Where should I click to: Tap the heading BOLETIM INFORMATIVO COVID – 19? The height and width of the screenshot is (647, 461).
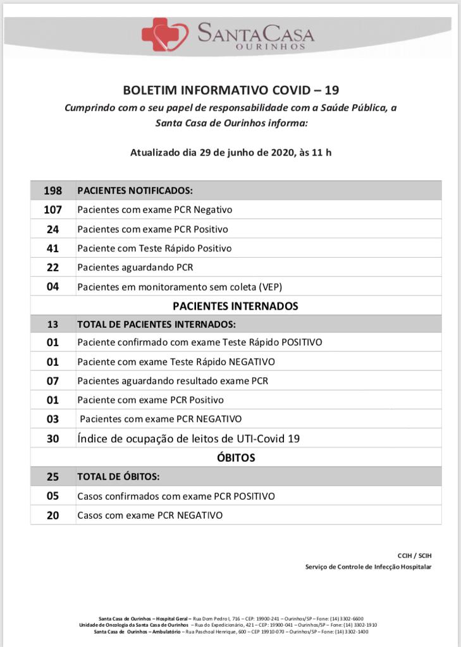point(231,90)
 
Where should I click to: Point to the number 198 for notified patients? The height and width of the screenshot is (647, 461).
point(52,190)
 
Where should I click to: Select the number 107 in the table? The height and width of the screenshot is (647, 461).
point(52,209)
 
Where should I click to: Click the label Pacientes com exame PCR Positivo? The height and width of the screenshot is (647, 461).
point(152,229)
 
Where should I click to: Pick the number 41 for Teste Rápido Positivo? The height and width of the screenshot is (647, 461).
point(52,248)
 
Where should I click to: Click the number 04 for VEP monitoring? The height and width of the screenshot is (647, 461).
point(52,286)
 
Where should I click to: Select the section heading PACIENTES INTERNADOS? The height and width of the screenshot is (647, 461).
point(235,306)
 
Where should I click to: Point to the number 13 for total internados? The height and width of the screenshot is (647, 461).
point(52,324)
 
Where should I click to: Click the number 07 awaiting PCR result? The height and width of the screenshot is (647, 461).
point(52,381)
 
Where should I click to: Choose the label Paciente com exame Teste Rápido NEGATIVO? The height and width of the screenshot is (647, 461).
point(176,362)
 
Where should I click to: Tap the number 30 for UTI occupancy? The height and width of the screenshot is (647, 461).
point(52,438)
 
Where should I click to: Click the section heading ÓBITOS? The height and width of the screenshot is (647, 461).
point(235,457)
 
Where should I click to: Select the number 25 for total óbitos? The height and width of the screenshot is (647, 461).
point(52,476)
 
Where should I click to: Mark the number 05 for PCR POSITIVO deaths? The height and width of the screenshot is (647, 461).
point(52,496)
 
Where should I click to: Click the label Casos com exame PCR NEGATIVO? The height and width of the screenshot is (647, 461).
point(150,516)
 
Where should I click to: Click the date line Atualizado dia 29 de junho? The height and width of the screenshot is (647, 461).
point(231,152)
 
